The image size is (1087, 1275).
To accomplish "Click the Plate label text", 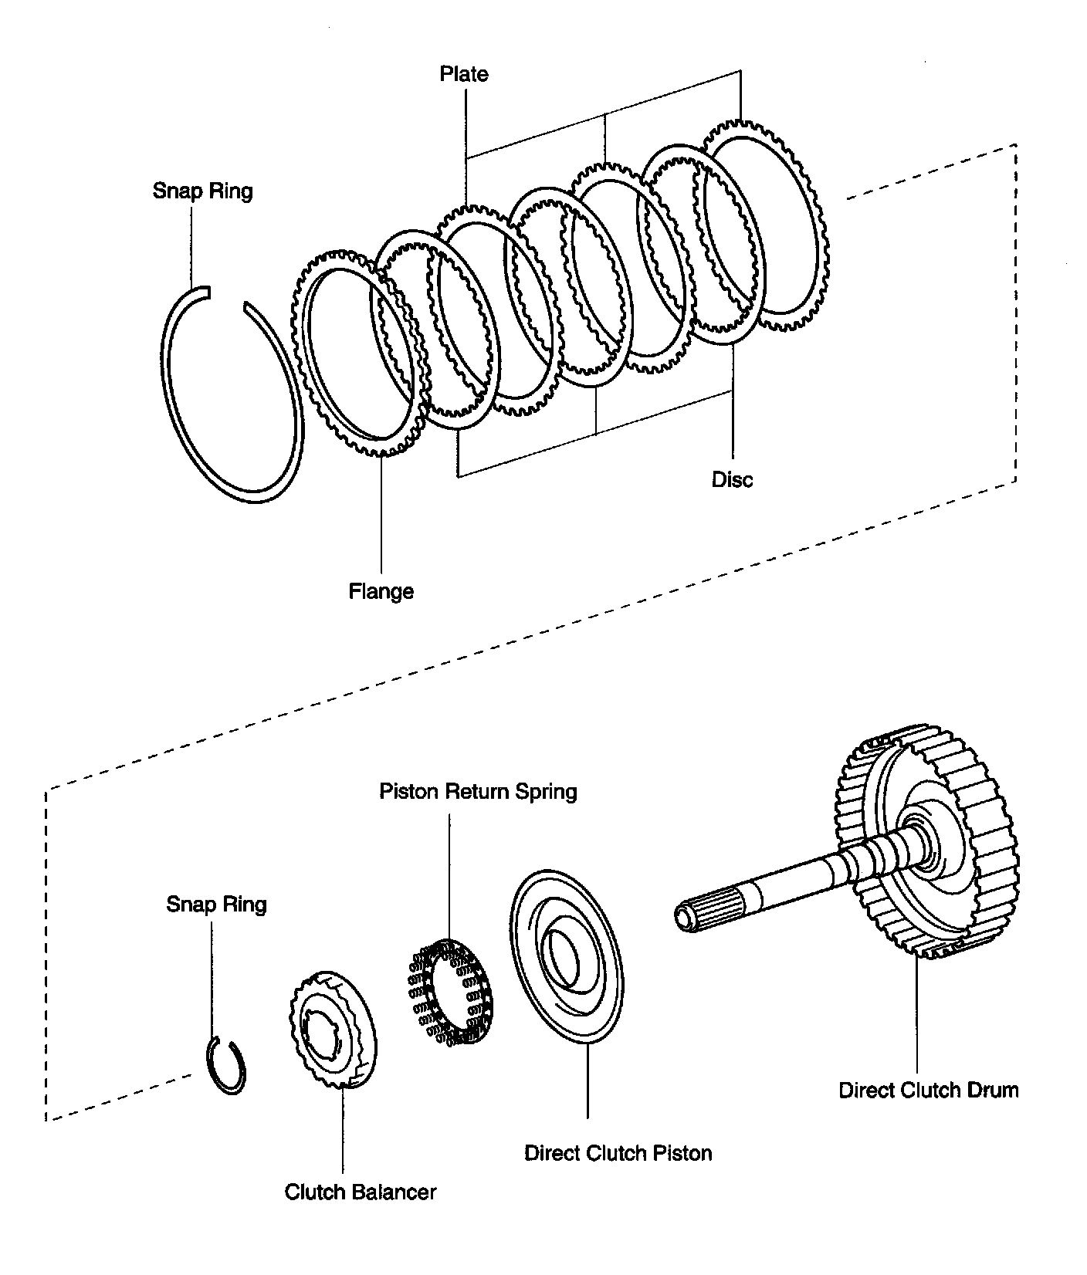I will coord(464,74).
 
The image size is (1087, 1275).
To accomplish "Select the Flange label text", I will coord(381,592).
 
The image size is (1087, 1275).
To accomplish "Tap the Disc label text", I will coord(732,479).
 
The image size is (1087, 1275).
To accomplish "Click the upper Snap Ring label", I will coord(202,191).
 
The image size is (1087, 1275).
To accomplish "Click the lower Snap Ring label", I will coord(216,904).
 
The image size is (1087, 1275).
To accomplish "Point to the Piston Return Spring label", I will coord(478,792).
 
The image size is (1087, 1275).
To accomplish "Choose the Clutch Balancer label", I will coord(361,1192).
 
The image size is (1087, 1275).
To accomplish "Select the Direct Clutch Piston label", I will coord(618,1153).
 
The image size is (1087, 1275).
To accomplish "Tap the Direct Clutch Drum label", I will coord(929,1090).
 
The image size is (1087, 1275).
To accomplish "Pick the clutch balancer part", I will coord(332,1030).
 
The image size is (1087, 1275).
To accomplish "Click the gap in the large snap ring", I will coord(226,299).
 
